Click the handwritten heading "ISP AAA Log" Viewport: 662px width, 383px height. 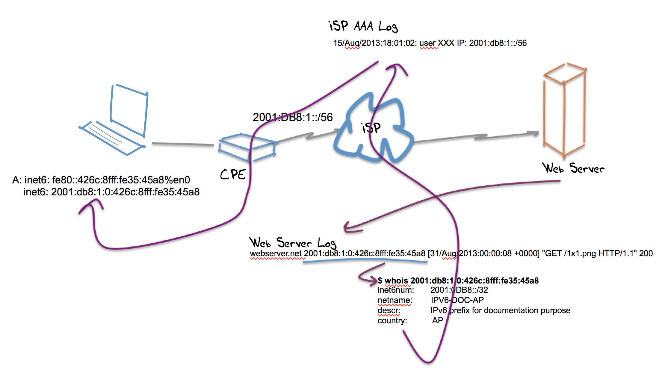363,26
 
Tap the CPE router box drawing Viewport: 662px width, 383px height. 247,148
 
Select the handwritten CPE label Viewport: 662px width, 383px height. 233,174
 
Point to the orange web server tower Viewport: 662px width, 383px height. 564,111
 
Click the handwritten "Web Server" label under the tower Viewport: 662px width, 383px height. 573,168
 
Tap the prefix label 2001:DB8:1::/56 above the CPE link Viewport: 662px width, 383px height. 293,117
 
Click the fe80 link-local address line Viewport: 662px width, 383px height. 107,180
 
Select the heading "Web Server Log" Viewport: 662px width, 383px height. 293,243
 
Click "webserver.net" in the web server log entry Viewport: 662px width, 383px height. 276,254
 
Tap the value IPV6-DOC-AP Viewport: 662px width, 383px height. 457,300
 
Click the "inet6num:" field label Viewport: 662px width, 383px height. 396,290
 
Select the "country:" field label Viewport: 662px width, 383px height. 392,321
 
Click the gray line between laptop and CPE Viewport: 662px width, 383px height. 183,144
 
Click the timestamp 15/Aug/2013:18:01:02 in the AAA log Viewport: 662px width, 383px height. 375,43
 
